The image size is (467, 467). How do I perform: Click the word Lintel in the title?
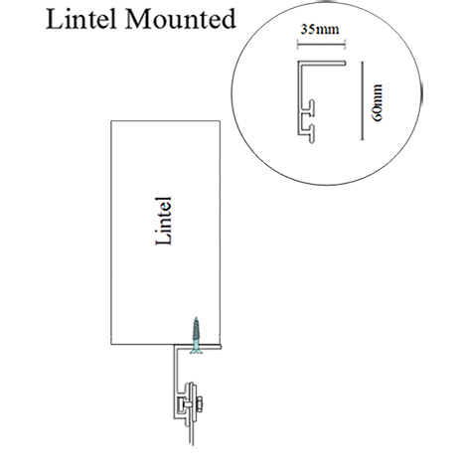(81, 19)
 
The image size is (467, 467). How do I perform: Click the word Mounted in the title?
(180, 19)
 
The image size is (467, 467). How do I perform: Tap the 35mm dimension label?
(320, 30)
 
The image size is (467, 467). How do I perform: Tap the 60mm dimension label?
(378, 103)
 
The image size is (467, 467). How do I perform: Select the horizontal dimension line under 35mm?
(321, 45)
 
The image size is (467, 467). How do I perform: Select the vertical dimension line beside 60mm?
(363, 100)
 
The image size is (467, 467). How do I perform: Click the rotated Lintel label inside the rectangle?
(164, 221)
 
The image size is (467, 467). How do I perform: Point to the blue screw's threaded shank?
(197, 331)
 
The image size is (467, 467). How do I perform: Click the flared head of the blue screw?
(197, 350)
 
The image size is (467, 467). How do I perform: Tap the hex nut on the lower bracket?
(200, 404)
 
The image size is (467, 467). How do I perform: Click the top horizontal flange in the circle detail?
(322, 63)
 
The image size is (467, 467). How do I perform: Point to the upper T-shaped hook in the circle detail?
(310, 107)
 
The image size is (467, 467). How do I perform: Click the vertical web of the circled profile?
(300, 98)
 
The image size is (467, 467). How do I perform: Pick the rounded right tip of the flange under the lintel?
(221, 347)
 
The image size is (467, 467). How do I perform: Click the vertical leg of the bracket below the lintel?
(176, 381)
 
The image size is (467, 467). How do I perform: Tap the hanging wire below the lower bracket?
(191, 434)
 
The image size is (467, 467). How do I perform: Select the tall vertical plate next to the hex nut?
(190, 404)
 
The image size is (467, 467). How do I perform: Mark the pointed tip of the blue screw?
(197, 318)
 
